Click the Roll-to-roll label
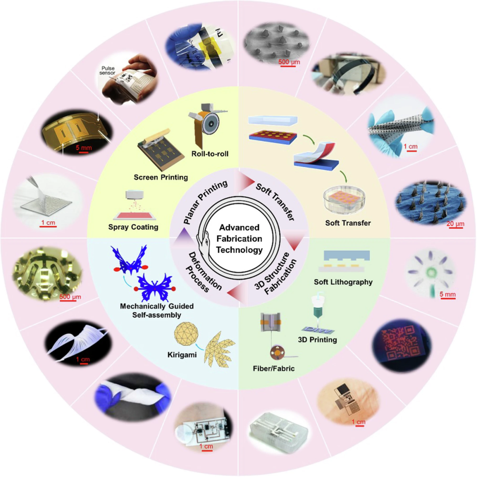point(210,154)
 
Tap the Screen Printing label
point(161,178)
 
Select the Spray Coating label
point(133,227)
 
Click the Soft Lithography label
point(343,282)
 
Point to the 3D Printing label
point(317,340)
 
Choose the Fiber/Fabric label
point(274,368)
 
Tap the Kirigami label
point(182,355)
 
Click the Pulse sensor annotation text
point(108,71)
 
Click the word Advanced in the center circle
point(239,227)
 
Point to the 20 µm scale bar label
point(455,224)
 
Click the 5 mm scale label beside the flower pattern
point(447,295)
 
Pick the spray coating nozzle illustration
point(134,195)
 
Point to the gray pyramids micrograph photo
point(276,43)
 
